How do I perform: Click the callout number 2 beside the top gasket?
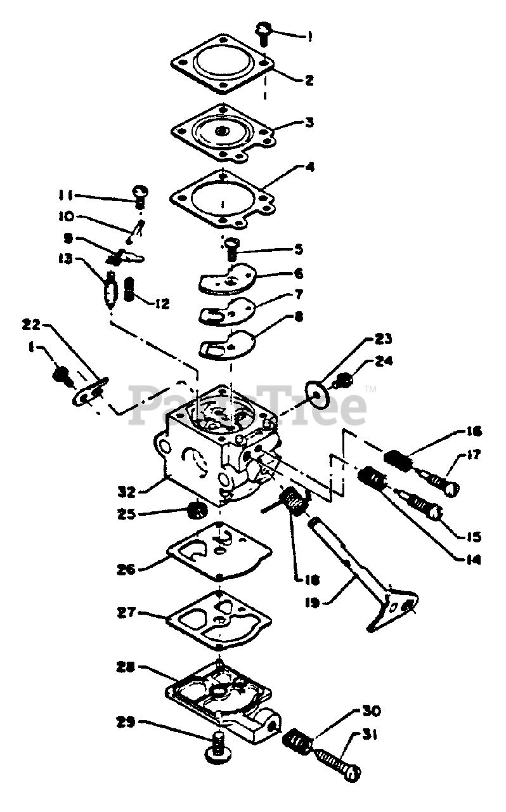[309, 80]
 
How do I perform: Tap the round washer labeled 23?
[315, 389]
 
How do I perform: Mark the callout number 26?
[126, 569]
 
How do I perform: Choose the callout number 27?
[126, 614]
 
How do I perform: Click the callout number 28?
[127, 668]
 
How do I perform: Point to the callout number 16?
[472, 432]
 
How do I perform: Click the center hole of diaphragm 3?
[221, 130]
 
